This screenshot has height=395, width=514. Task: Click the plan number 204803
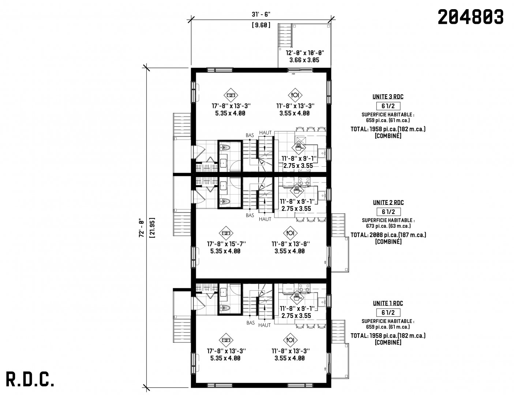(470, 17)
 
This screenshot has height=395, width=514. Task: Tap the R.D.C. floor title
(30, 379)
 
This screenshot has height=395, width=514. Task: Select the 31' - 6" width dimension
(261, 14)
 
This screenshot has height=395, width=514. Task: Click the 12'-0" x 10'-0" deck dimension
(305, 53)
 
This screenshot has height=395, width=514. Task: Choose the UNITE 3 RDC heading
(388, 97)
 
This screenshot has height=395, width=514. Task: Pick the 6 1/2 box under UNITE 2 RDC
(388, 211)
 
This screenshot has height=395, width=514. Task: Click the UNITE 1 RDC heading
(388, 303)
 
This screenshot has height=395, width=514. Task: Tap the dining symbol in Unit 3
(295, 95)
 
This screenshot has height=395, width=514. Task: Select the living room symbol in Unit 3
(231, 95)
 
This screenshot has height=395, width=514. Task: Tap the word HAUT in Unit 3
(265, 133)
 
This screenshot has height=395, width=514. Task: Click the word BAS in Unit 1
(251, 323)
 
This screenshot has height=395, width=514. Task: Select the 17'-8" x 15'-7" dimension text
(226, 244)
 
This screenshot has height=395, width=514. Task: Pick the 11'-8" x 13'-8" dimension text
(290, 244)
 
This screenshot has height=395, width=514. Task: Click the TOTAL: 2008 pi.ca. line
(388, 235)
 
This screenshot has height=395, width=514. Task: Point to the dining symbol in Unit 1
(290, 340)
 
